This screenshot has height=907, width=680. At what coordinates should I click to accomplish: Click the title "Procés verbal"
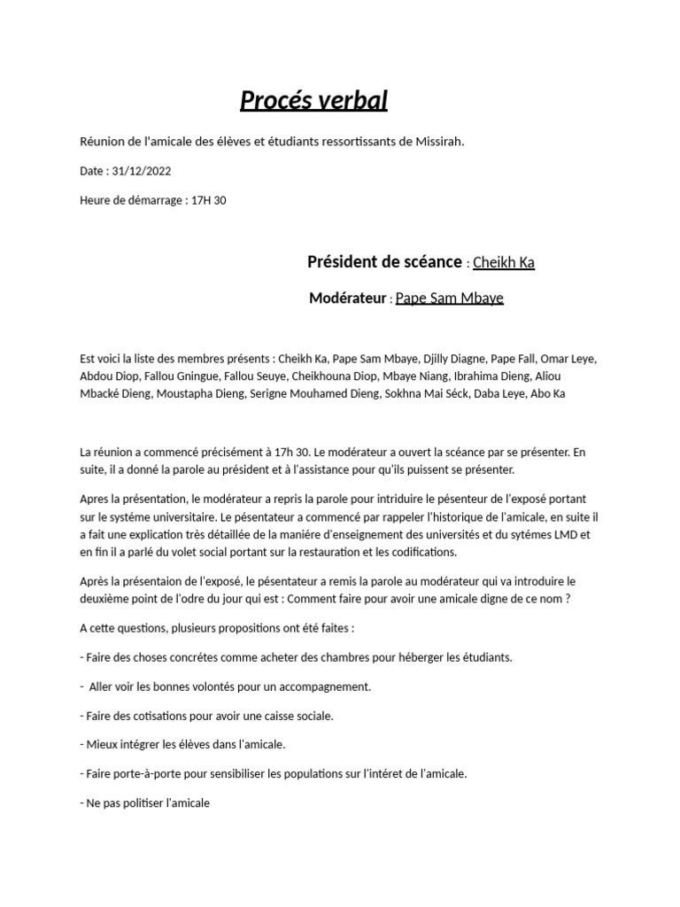pyautogui.click(x=313, y=101)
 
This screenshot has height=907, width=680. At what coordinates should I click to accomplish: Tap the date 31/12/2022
pyautogui.click(x=142, y=171)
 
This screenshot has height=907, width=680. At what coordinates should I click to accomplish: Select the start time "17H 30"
pyautogui.click(x=209, y=200)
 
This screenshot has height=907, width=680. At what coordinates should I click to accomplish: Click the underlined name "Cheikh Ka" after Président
pyautogui.click(x=504, y=263)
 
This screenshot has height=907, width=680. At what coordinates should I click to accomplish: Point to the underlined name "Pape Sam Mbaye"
pyautogui.click(x=449, y=298)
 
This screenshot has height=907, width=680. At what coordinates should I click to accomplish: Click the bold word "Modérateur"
pyautogui.click(x=349, y=298)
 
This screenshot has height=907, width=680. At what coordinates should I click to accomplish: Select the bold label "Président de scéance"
pyautogui.click(x=384, y=262)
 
